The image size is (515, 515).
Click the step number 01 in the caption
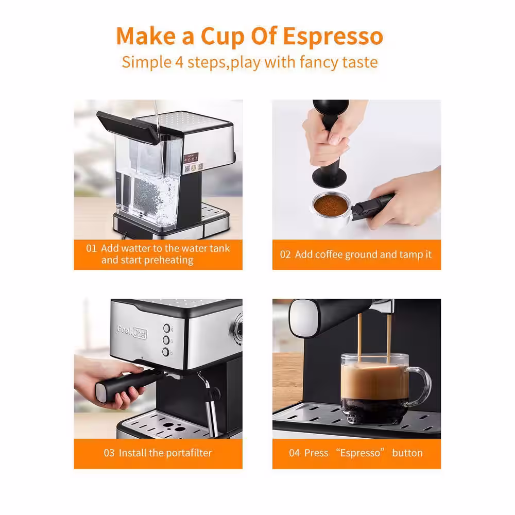coord(91,248)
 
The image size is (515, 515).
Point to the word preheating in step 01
coord(168,260)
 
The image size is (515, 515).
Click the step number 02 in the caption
coord(285,254)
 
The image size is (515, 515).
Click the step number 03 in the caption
coord(109,453)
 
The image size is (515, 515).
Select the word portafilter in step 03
coord(188,453)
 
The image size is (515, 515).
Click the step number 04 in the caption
coord(294,453)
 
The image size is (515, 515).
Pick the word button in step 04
coord(407,453)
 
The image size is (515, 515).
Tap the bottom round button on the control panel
coord(166,352)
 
